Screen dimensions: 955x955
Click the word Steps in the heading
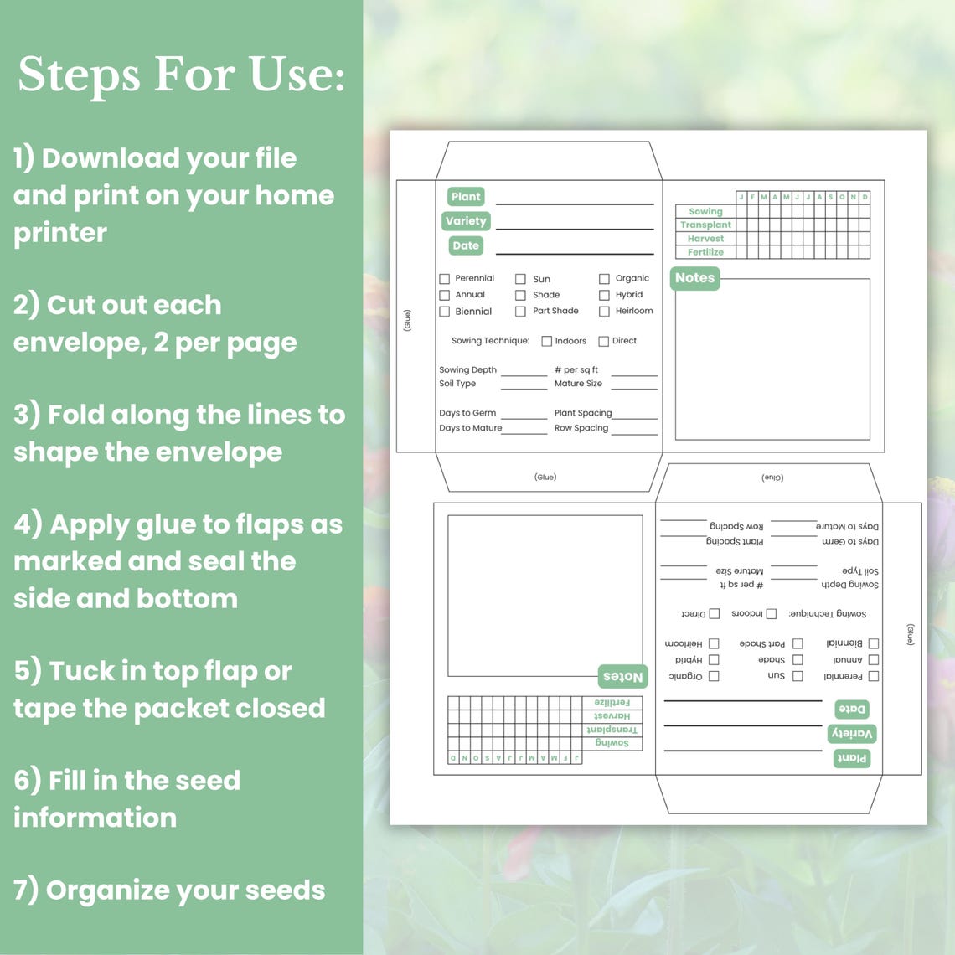click(x=79, y=75)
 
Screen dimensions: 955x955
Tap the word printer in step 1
click(x=59, y=233)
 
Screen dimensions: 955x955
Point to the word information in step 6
click(x=95, y=818)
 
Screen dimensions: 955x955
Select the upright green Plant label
click(x=466, y=197)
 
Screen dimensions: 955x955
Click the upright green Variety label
click(x=466, y=221)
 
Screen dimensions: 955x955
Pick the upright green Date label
click(x=466, y=245)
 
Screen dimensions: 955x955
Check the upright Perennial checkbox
click(x=445, y=279)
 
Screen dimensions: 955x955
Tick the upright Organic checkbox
click(x=604, y=279)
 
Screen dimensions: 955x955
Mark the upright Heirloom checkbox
click(x=604, y=312)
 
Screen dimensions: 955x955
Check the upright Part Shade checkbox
click(x=520, y=312)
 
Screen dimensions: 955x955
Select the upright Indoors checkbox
click(x=546, y=342)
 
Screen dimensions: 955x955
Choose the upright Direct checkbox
click(x=603, y=342)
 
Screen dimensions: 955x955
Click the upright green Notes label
click(x=694, y=278)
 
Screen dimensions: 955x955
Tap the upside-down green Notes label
click(x=623, y=676)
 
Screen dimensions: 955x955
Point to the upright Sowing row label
click(x=705, y=212)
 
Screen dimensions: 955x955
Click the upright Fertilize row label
click(x=705, y=252)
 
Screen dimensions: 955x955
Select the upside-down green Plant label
click(x=852, y=758)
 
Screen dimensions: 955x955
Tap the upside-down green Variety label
click(x=852, y=734)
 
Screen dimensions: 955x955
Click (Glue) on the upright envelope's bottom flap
click(x=545, y=477)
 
